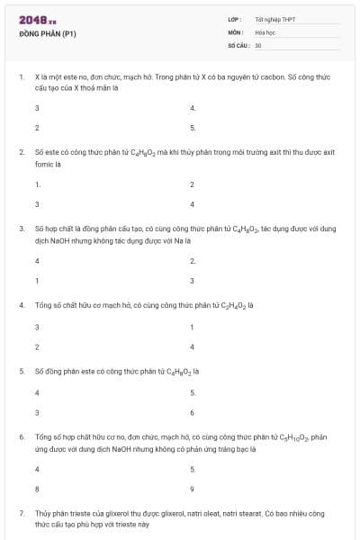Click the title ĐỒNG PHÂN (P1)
click(x=47, y=34)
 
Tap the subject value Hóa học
click(x=265, y=31)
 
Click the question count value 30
click(x=258, y=44)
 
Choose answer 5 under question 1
click(x=193, y=128)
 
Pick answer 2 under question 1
click(x=37, y=128)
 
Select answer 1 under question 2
click(x=37, y=184)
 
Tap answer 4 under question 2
click(x=193, y=204)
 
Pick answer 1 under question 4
click(x=193, y=327)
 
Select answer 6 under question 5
click(x=193, y=412)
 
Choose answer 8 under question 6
click(x=37, y=489)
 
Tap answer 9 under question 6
click(x=193, y=489)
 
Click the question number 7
click(x=21, y=512)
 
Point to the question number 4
click(x=21, y=305)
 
